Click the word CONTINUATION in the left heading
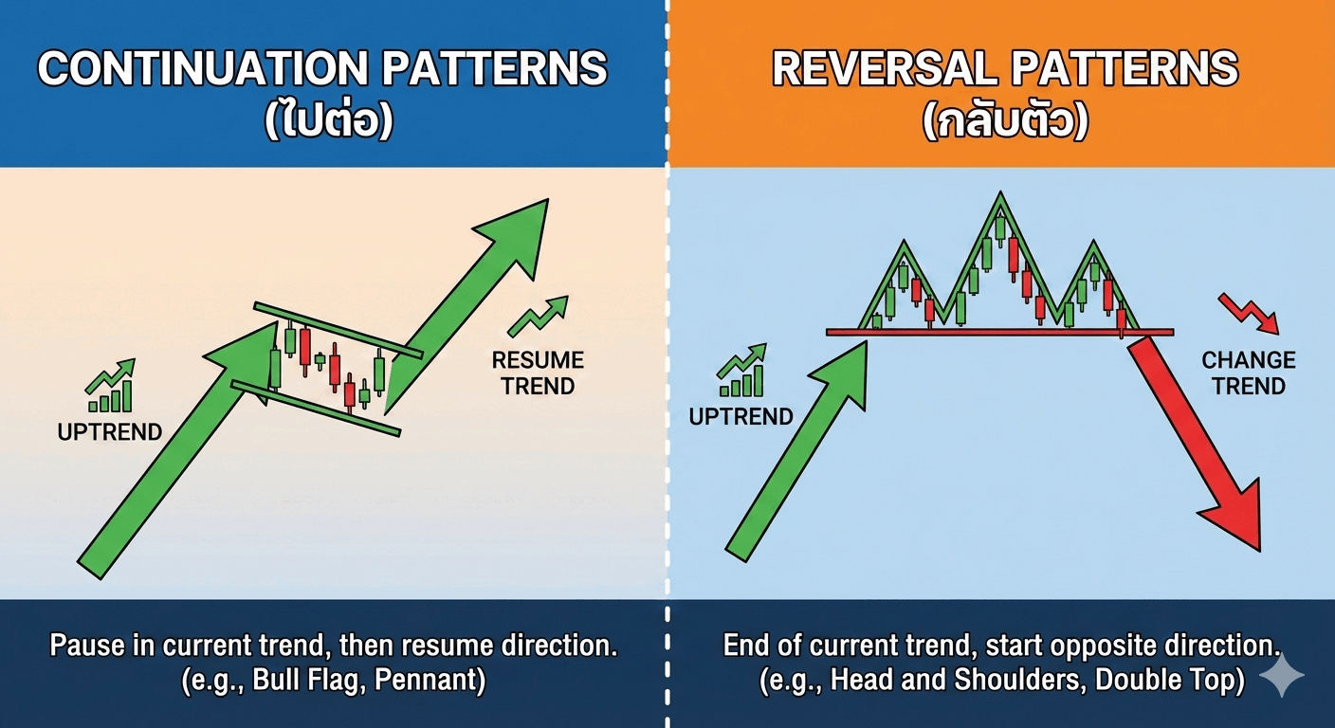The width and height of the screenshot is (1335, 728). coord(204,68)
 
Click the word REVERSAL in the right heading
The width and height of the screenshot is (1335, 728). coord(885,68)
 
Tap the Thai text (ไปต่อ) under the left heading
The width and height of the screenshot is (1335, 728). coord(330,119)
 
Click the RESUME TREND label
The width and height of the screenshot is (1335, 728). coord(538,373)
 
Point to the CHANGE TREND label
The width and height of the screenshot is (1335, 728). coord(1249,373)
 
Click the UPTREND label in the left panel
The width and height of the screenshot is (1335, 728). coord(110,432)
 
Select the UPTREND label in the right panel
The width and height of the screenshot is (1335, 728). coord(741,416)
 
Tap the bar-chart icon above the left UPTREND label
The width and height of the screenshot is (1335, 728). coord(110,386)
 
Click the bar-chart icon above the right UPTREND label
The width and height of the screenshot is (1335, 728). coord(741,371)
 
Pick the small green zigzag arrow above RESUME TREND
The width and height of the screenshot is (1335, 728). coord(539,317)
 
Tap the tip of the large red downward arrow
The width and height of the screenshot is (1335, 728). coord(1259,551)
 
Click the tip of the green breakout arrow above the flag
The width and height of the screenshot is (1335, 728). coord(547,200)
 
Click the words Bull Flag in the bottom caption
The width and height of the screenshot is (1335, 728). coord(304,680)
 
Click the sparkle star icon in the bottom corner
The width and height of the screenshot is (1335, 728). coord(1281,675)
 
